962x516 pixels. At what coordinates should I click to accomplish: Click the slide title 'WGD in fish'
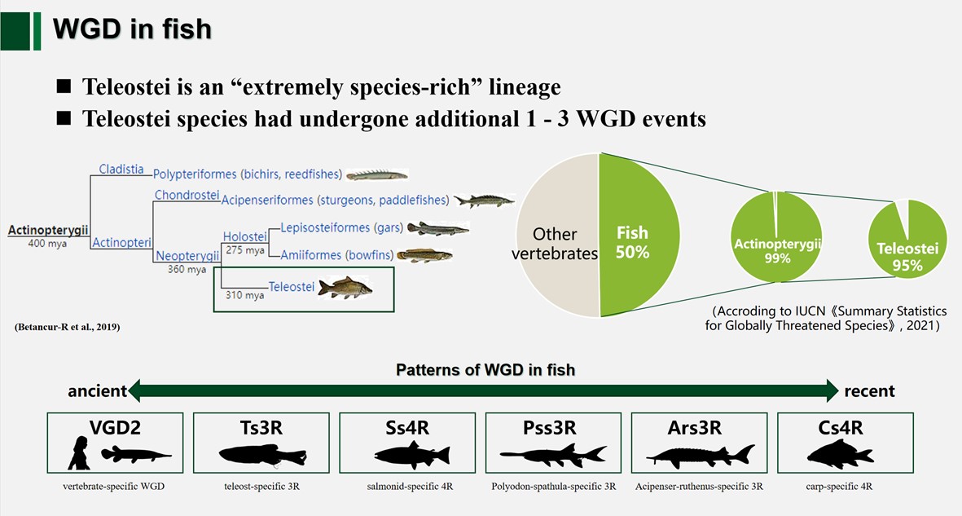coord(132,29)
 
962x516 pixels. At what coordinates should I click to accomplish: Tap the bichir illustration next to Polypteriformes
coord(376,174)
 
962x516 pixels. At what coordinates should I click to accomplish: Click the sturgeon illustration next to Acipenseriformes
coord(484,200)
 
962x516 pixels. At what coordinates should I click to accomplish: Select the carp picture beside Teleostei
coord(345,286)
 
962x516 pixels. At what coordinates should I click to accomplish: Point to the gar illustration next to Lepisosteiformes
coord(437,228)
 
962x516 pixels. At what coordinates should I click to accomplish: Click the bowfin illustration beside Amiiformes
coord(424,255)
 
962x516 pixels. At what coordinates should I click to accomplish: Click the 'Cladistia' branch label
coord(121,170)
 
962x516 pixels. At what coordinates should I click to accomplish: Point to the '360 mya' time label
coord(187,270)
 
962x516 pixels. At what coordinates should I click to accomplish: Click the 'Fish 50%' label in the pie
coord(632,243)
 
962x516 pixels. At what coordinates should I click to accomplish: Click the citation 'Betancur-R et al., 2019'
coord(67,327)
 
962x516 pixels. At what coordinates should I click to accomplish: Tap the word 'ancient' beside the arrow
coord(97,391)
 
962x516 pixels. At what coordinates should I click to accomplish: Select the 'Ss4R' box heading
coord(406,428)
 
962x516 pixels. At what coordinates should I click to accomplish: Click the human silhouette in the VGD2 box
coord(79,453)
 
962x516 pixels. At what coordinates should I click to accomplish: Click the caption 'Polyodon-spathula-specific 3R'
coord(553,487)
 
